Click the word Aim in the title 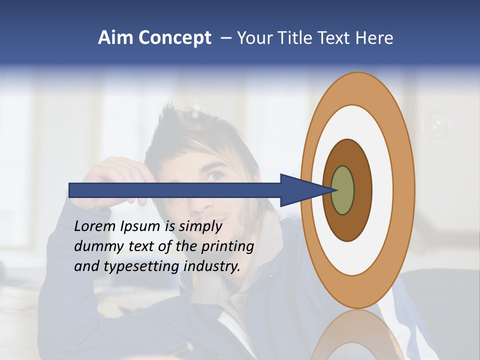[x=115, y=38]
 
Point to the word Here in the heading [x=374, y=38]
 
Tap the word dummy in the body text [x=95, y=246]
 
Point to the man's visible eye [x=215, y=176]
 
